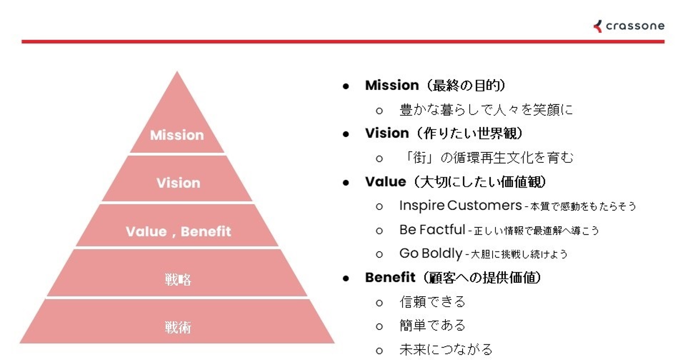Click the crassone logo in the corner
pyautogui.click(x=629, y=26)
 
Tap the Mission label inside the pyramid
pyautogui.click(x=177, y=135)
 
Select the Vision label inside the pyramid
pyautogui.click(x=178, y=183)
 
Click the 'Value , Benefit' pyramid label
pyautogui.click(x=178, y=231)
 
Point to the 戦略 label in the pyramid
pyautogui.click(x=178, y=280)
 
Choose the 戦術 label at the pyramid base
pyautogui.click(x=178, y=328)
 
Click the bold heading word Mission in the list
pyautogui.click(x=392, y=85)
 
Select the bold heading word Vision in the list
pyautogui.click(x=387, y=133)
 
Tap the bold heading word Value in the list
pyautogui.click(x=385, y=181)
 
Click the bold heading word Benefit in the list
pyautogui.click(x=390, y=277)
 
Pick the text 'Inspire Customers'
pyautogui.click(x=461, y=206)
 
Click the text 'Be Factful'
pyautogui.click(x=433, y=230)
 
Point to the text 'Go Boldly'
pyautogui.click(x=431, y=254)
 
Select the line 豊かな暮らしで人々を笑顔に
pyautogui.click(x=486, y=110)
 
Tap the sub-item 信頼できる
pyautogui.click(x=433, y=302)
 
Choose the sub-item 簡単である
pyautogui.click(x=433, y=325)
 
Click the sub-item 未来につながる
pyautogui.click(x=446, y=350)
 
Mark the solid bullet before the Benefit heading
pyautogui.click(x=346, y=278)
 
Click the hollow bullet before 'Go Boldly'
pyautogui.click(x=379, y=255)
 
